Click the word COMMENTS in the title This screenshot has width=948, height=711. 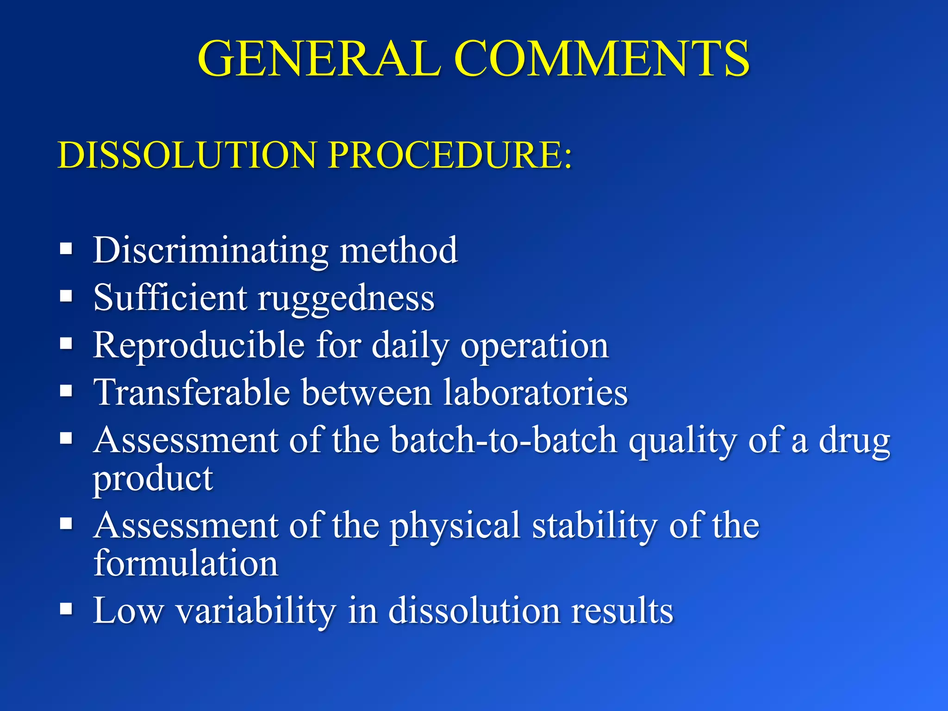point(602,59)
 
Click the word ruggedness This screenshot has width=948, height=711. point(346,299)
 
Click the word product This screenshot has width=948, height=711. point(153,480)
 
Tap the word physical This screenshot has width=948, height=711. point(455,527)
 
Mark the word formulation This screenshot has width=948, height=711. point(186,563)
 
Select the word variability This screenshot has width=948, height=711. point(256,611)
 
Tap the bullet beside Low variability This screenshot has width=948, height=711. point(67,609)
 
